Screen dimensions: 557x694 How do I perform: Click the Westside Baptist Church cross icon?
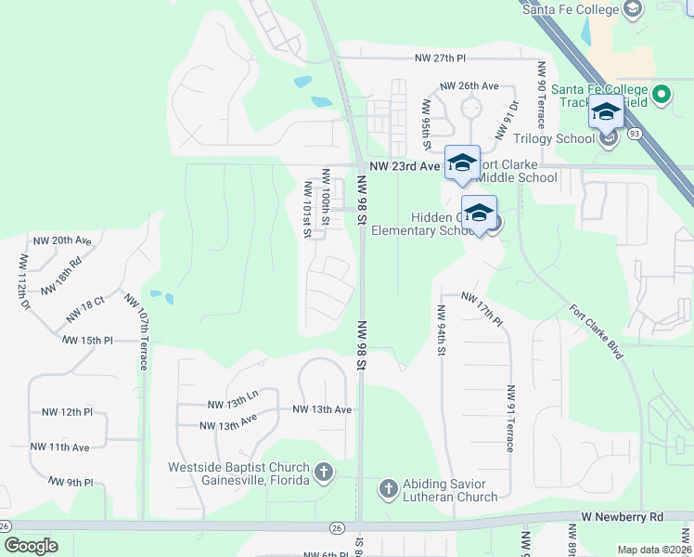click(x=323, y=473)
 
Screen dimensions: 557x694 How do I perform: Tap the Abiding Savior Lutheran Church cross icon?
click(x=387, y=486)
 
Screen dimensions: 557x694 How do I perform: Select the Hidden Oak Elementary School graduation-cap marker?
click(x=479, y=214)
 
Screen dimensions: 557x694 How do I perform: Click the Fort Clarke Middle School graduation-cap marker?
click(x=462, y=163)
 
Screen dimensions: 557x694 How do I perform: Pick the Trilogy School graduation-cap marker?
click(x=606, y=112)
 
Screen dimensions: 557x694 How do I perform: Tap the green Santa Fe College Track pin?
click(x=662, y=95)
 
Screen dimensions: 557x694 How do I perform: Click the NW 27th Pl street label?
click(x=439, y=58)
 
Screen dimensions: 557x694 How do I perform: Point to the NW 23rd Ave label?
click(x=404, y=166)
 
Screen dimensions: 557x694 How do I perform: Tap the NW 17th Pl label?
click(x=482, y=309)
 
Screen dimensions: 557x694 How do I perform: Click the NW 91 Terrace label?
click(x=509, y=419)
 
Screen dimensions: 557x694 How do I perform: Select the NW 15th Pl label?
click(x=87, y=342)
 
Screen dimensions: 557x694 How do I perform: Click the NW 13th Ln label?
click(x=231, y=404)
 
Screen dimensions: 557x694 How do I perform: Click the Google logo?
click(x=30, y=547)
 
